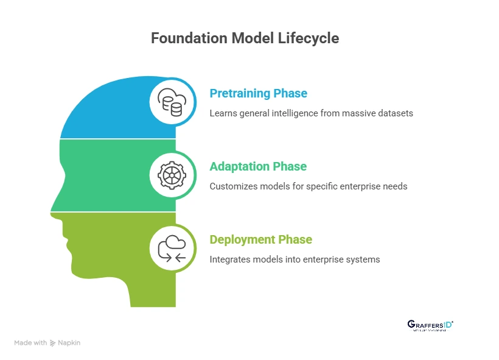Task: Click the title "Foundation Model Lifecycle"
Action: click(x=245, y=38)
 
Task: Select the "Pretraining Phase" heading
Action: click(x=258, y=93)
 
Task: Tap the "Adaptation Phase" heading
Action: click(x=258, y=166)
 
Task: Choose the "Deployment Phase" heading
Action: click(x=260, y=239)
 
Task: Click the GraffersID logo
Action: click(x=430, y=325)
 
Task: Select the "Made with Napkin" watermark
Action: click(x=47, y=343)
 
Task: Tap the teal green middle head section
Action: click(x=116, y=175)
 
